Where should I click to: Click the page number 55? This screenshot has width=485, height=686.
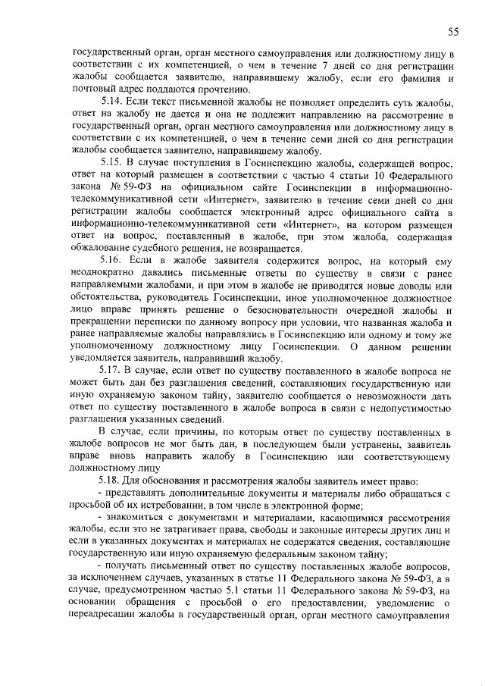point(453,31)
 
